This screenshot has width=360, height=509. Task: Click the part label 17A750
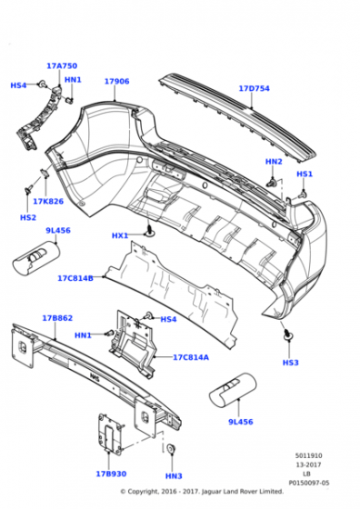(x=62, y=65)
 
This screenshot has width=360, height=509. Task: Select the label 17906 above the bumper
(x=117, y=81)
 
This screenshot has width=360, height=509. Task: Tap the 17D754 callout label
(x=255, y=88)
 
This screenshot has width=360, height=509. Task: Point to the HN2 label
(x=274, y=162)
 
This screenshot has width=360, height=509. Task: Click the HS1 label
(x=305, y=174)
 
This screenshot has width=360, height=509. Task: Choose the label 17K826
(x=48, y=201)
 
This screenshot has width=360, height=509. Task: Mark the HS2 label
(x=28, y=217)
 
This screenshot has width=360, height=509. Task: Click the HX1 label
(x=120, y=235)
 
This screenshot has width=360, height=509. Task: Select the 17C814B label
(x=75, y=278)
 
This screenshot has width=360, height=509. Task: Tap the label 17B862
(x=57, y=318)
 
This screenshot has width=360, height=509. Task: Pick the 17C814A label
(x=191, y=357)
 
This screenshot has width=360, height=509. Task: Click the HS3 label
(x=290, y=363)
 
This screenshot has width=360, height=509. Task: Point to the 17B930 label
(x=111, y=474)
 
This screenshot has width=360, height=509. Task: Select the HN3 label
(x=174, y=476)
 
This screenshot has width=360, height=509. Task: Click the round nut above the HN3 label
(x=171, y=449)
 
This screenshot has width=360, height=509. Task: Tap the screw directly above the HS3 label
(x=287, y=335)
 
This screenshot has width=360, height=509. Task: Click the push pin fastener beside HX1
(x=150, y=230)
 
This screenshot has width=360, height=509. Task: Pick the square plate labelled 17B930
(x=111, y=433)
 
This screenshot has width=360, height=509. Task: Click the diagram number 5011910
(x=308, y=455)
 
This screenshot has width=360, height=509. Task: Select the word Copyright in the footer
(x=143, y=492)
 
